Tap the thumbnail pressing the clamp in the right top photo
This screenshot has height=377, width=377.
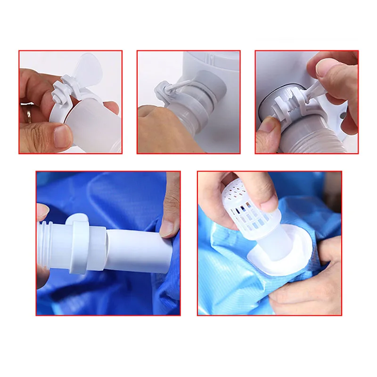tap(325, 70)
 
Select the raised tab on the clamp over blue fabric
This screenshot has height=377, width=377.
tap(80, 218)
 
